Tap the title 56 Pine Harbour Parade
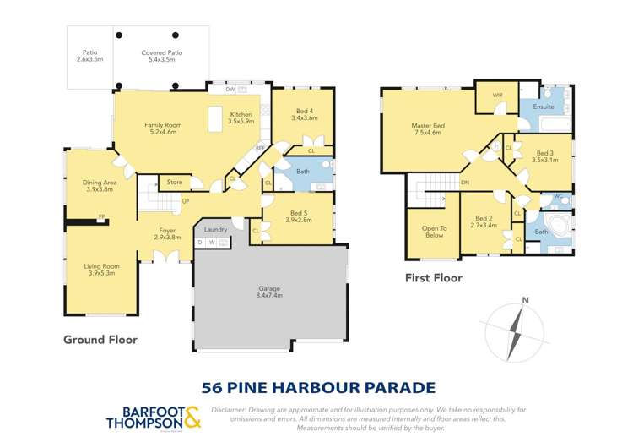click(x=318, y=388)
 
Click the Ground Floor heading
click(x=100, y=340)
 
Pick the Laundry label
click(x=215, y=229)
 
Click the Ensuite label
click(x=544, y=107)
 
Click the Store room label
click(x=175, y=182)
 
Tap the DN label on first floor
click(x=464, y=183)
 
